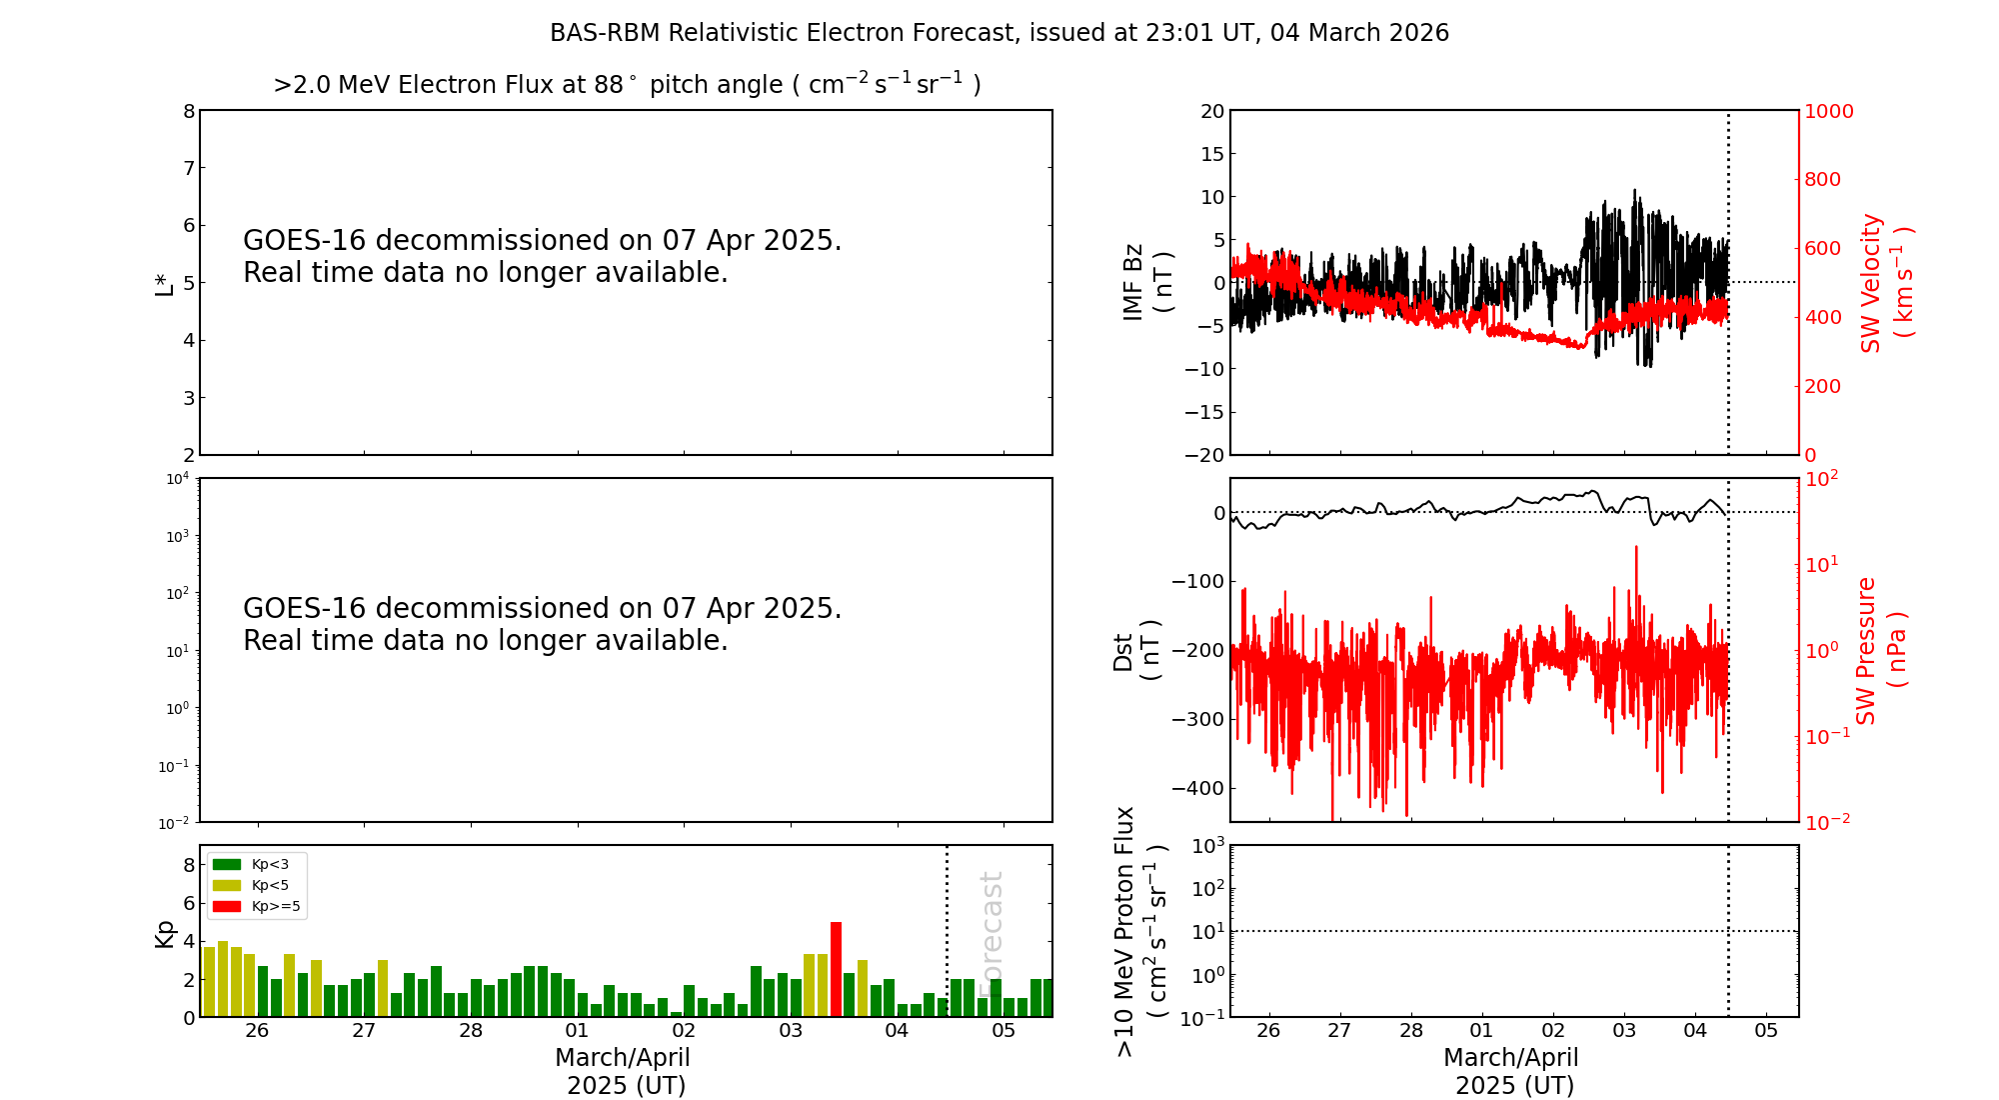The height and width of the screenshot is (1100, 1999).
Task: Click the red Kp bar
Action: tap(836, 969)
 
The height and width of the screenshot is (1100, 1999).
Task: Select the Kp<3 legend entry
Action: tap(254, 864)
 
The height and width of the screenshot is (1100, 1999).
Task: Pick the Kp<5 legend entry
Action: tap(254, 885)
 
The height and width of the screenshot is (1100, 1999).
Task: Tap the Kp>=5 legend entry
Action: tap(256, 907)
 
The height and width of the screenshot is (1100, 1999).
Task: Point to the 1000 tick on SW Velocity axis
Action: tap(1828, 111)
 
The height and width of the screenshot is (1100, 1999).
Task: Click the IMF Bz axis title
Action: tap(1147, 282)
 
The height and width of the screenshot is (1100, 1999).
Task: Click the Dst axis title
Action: tap(1137, 650)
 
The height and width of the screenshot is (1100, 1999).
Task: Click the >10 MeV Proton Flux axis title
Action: tap(1140, 931)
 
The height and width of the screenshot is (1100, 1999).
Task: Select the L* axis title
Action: tap(164, 283)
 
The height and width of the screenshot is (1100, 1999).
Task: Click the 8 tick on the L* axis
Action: tap(189, 111)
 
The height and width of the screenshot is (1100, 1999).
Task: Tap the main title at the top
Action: tap(999, 33)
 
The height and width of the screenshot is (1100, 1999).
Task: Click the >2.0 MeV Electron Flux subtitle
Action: tap(627, 84)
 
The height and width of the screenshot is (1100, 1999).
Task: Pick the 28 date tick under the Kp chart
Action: tap(471, 1031)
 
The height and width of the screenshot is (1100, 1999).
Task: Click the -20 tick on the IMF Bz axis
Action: tap(1204, 455)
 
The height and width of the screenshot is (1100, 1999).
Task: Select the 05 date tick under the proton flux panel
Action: tap(1766, 1031)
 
